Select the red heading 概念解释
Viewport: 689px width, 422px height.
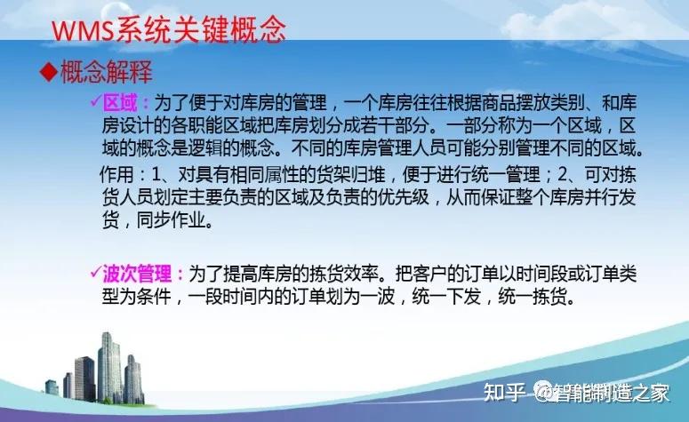[x=107, y=70]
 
